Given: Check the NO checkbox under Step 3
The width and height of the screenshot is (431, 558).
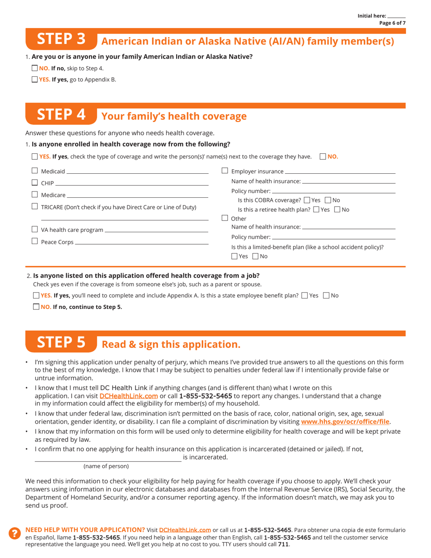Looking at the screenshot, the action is (35, 69).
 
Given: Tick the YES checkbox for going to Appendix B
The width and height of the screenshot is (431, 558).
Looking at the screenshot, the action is (35, 79).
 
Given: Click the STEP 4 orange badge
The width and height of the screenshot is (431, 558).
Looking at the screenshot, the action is (61, 115).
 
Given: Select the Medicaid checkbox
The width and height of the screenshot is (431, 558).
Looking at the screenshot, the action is (35, 171).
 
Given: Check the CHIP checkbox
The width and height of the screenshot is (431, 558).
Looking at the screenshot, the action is (35, 183).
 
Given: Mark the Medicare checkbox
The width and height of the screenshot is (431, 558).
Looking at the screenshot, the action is (35, 195).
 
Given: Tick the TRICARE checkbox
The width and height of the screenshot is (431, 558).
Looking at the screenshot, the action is (35, 207).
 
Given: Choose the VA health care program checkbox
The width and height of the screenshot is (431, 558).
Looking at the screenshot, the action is (35, 230).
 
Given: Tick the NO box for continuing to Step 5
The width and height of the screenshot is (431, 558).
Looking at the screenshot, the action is (36, 307).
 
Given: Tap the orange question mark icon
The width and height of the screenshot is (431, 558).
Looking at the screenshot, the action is (15, 534).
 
